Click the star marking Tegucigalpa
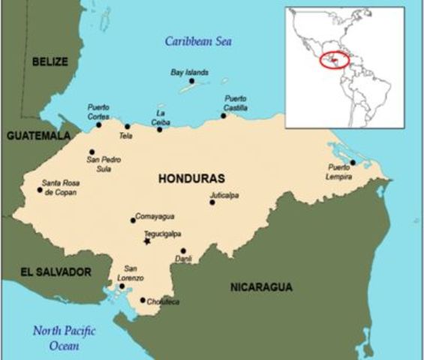147,241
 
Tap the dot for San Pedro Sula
92,151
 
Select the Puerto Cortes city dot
98,124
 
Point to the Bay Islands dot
191,80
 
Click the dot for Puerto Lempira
353,162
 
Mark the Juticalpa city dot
212,202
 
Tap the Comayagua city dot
133,220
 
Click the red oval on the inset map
334,60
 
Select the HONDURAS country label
192,178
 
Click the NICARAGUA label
261,287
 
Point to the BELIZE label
50,61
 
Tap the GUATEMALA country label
37,136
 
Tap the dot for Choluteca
143,300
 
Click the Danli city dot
183,251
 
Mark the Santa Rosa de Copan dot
40,190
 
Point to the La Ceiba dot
159,130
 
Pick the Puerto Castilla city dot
224,115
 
